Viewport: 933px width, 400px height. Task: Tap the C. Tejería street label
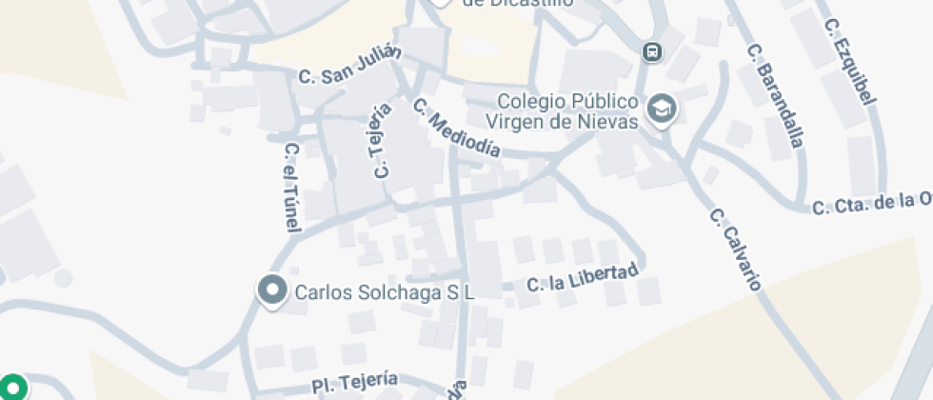point(381,141)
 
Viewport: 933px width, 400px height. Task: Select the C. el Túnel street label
point(292,188)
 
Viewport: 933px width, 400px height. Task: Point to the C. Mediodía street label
point(457,128)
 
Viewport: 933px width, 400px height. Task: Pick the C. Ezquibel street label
point(852,60)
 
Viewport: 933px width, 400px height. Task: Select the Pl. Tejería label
point(354,382)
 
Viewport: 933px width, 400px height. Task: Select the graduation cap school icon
point(661,110)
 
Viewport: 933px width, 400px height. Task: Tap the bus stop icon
point(652,51)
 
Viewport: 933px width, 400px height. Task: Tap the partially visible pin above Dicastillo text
point(439,3)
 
